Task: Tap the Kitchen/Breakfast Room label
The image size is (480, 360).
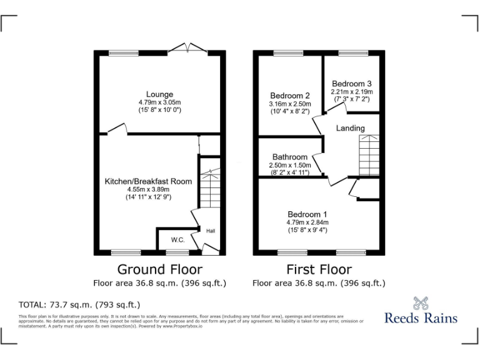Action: click(x=148, y=181)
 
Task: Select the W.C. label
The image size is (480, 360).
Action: click(x=178, y=239)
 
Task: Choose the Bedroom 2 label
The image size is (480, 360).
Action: click(x=289, y=96)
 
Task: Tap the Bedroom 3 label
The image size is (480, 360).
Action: click(x=352, y=84)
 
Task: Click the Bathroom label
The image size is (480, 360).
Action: click(x=289, y=157)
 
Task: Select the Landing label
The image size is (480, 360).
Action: click(x=350, y=128)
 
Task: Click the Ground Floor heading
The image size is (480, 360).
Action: click(x=160, y=269)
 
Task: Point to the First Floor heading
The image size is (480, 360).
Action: click(x=319, y=269)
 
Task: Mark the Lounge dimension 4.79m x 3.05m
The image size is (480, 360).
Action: click(x=160, y=102)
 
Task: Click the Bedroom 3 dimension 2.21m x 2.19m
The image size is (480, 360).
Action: click(x=352, y=92)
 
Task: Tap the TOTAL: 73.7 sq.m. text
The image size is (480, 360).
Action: click(x=79, y=305)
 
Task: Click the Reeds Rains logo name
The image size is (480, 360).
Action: click(x=420, y=318)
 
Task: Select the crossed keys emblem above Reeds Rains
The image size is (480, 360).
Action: click(x=421, y=302)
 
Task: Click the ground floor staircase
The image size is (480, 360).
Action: click(x=209, y=187)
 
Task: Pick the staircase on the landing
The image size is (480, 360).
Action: click(x=368, y=156)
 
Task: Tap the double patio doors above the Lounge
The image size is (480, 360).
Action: click(x=186, y=49)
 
